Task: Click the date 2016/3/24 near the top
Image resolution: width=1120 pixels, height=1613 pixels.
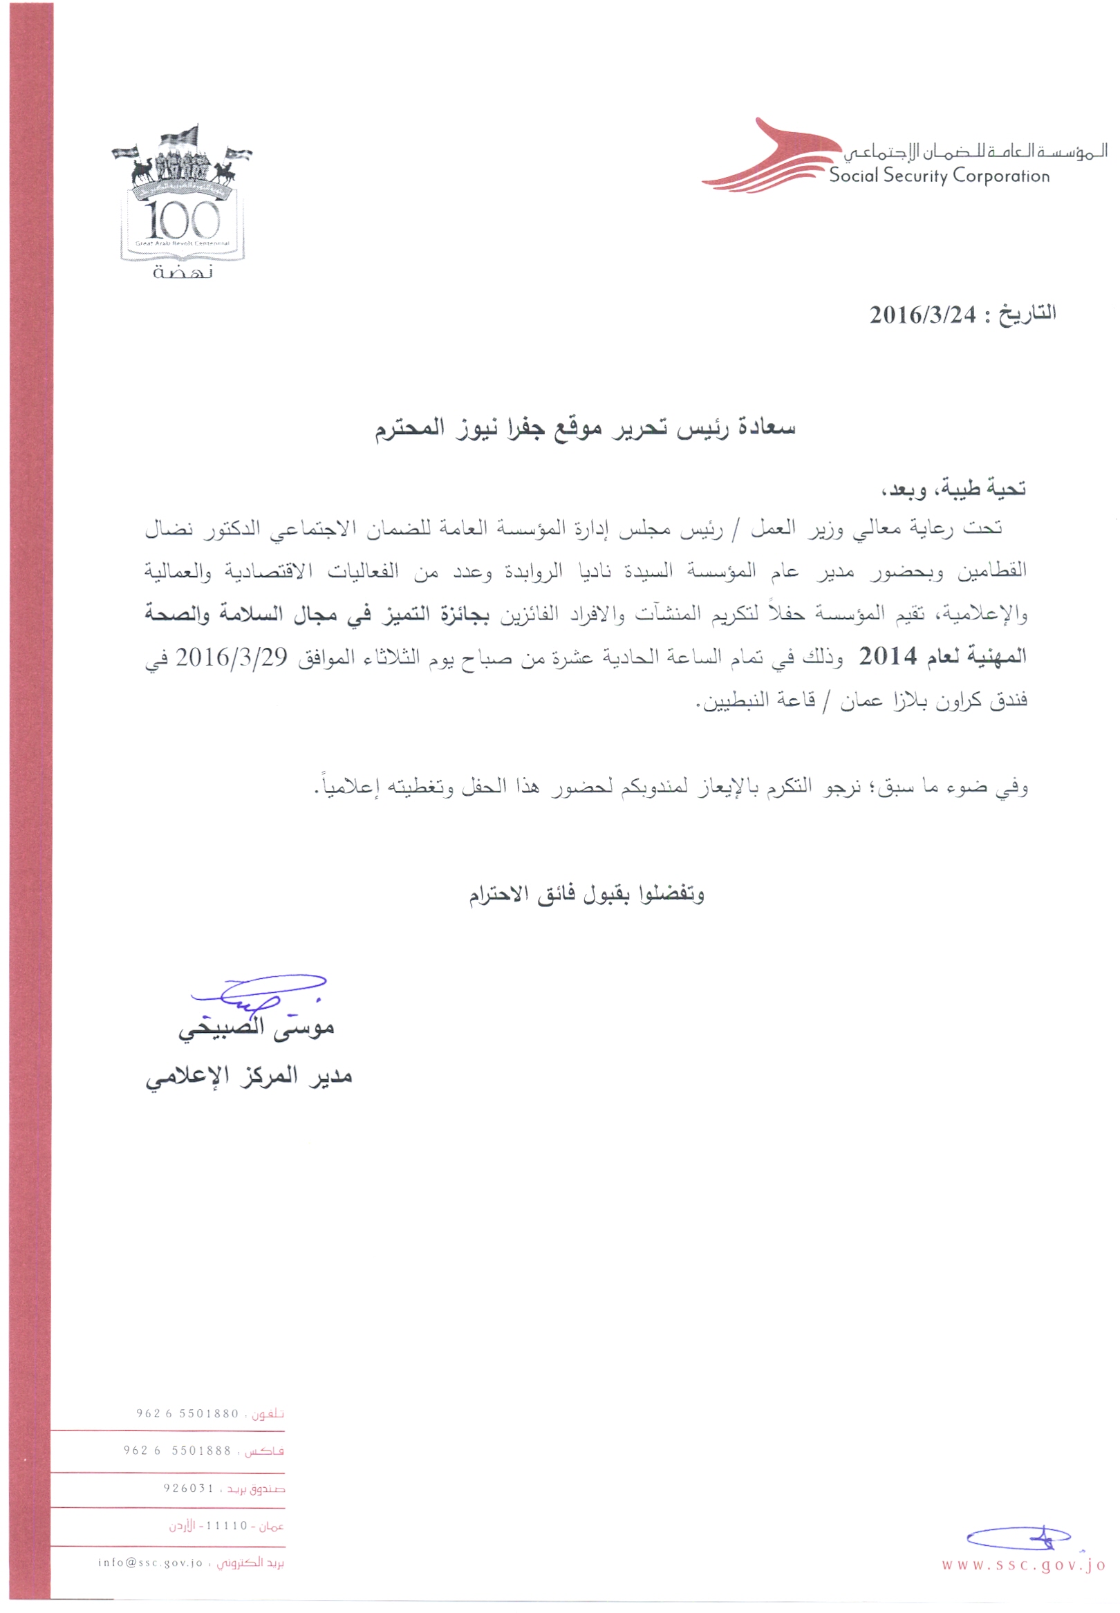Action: (x=922, y=315)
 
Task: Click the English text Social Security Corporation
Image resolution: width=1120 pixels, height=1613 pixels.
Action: (x=939, y=176)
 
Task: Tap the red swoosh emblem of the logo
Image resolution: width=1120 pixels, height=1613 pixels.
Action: (x=768, y=160)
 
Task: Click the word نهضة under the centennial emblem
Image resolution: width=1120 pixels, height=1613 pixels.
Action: (x=183, y=272)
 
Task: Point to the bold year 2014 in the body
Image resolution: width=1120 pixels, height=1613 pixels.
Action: (x=888, y=657)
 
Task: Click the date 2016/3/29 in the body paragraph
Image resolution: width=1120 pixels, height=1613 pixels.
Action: (x=231, y=658)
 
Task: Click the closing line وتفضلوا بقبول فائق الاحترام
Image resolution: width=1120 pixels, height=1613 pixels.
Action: (x=586, y=894)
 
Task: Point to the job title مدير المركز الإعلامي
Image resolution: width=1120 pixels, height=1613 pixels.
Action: (x=248, y=1077)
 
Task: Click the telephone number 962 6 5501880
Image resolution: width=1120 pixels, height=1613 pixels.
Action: (x=187, y=1414)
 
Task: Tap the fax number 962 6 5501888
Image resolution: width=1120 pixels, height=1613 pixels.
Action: (x=178, y=1451)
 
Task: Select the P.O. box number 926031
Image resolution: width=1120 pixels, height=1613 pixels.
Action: (x=188, y=1488)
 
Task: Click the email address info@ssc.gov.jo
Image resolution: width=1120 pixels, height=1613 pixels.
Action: (x=150, y=1563)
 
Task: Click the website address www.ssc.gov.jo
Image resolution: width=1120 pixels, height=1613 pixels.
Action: (x=1023, y=1565)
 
